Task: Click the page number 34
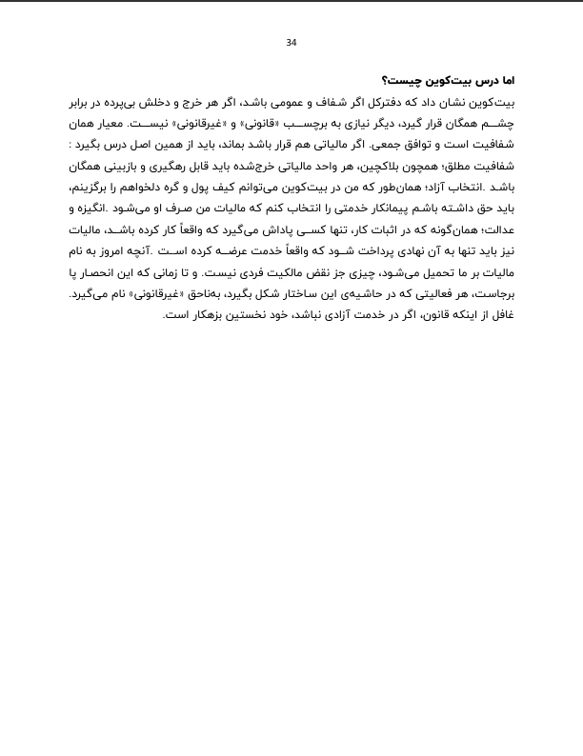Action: click(x=291, y=42)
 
